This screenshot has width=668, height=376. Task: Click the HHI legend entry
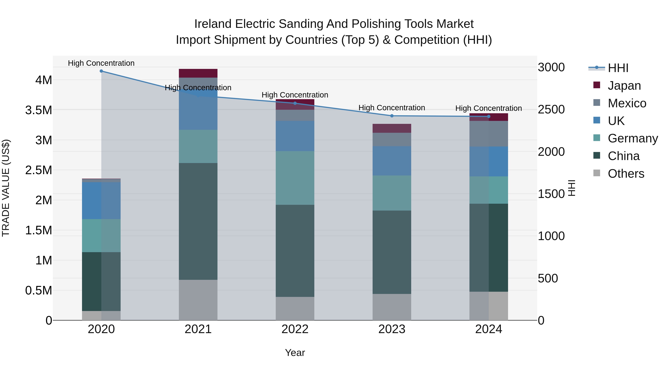618,68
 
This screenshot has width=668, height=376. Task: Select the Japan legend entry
624,86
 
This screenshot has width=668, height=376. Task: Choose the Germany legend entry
633,138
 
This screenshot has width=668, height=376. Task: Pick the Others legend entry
626,174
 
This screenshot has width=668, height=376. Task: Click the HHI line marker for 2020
101,71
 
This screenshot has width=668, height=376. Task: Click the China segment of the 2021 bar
198,221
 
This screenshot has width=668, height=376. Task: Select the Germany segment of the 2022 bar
295,178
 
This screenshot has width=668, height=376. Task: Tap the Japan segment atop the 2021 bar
198,73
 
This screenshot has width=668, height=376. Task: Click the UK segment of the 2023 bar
392,161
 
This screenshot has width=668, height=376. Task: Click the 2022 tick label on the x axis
295,329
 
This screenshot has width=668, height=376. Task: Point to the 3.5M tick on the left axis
38,110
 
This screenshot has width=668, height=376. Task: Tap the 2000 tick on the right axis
551,152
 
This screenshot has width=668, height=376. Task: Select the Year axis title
295,353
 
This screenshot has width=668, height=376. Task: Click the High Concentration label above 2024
489,108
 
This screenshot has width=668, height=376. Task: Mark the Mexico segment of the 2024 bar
489,134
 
